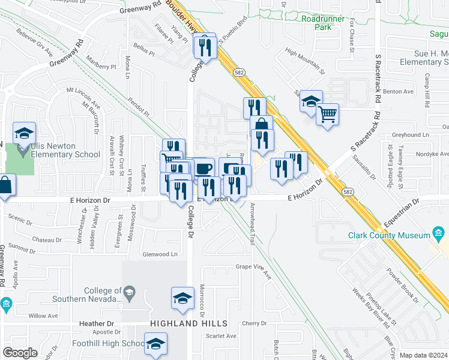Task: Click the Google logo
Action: pyautogui.click(x=20, y=353)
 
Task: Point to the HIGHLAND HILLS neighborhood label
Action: pyautogui.click(x=188, y=323)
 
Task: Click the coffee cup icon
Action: pyautogui.click(x=203, y=167)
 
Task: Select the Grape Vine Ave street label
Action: pyautogui.click(x=253, y=266)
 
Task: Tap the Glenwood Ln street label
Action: pyautogui.click(x=160, y=254)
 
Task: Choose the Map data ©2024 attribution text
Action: pyautogui.click(x=423, y=355)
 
